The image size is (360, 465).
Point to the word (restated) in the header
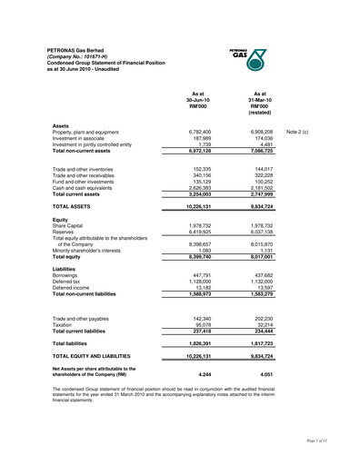(x=260, y=113)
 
